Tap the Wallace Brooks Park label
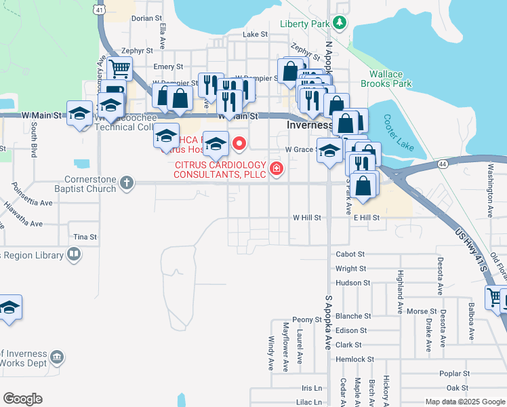click(390, 79)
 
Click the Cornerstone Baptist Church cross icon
click(126, 182)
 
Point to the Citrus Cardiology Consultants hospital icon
click(276, 169)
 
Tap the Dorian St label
click(147, 18)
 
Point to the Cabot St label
click(350, 254)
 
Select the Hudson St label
click(352, 283)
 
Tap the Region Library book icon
click(74, 255)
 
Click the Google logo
click(22, 399)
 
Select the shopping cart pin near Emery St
click(119, 68)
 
